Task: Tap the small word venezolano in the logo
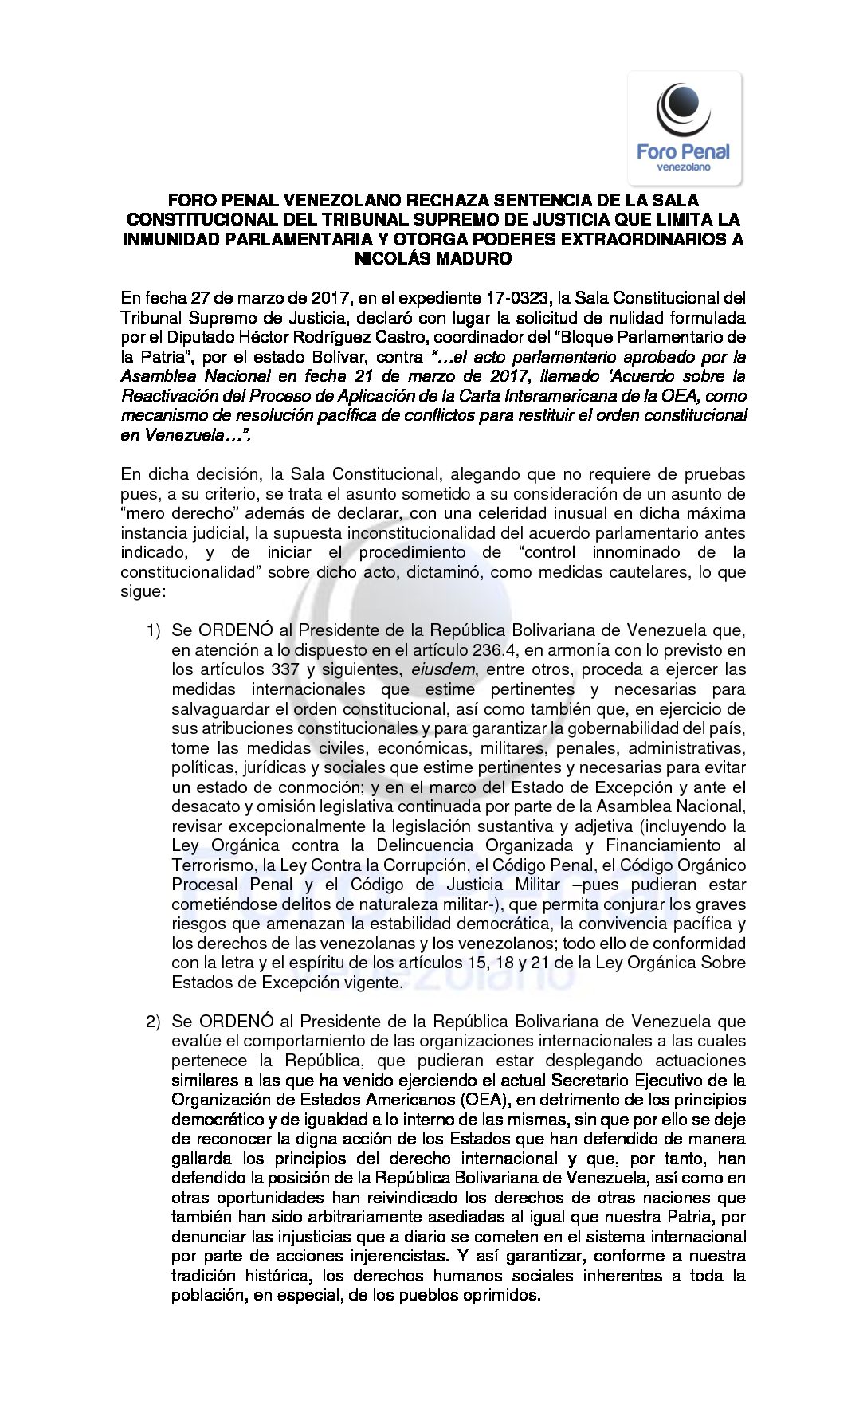point(684,167)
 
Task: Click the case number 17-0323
point(517,298)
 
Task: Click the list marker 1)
point(154,631)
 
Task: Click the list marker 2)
point(154,1022)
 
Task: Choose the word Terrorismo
point(209,865)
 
